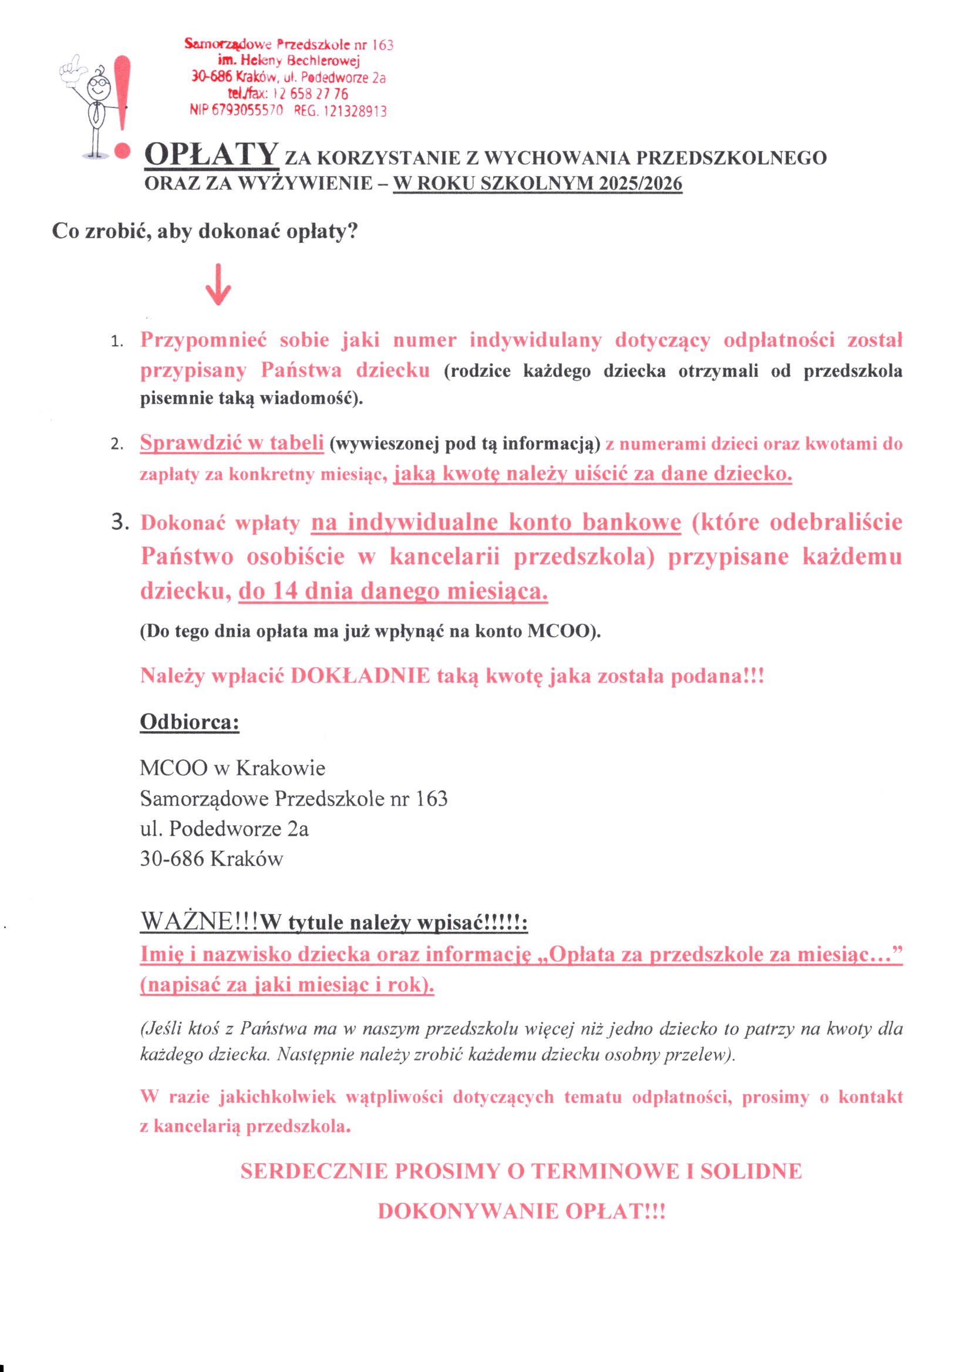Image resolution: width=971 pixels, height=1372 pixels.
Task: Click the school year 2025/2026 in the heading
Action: (640, 184)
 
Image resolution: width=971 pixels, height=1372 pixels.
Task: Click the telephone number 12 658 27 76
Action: (310, 94)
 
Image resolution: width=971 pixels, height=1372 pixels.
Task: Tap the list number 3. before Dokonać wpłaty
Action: (120, 522)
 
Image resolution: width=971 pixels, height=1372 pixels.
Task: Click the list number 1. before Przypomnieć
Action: (117, 342)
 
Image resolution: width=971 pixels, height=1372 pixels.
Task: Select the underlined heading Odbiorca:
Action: (190, 722)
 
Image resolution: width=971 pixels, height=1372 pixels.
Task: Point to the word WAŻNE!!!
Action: (199, 921)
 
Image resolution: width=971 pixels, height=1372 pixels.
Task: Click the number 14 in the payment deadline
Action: (285, 591)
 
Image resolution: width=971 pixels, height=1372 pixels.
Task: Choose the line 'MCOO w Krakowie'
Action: (232, 768)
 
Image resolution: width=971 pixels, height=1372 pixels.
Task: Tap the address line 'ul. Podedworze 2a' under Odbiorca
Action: (224, 829)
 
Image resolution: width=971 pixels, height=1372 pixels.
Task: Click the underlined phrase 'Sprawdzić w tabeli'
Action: (232, 443)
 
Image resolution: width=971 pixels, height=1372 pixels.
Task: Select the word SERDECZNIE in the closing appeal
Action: (313, 1171)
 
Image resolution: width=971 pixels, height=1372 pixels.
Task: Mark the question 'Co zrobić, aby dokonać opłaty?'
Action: (204, 231)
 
